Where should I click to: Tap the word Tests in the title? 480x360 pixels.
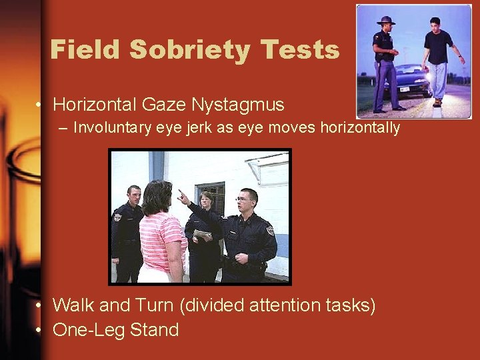point(301,50)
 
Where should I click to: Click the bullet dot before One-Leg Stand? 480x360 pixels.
point(41,330)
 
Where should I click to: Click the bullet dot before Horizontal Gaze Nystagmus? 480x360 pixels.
point(41,105)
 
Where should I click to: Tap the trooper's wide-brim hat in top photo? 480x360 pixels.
point(385,20)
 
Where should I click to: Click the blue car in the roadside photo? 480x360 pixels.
point(408,79)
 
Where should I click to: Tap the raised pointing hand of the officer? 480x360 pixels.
point(181,195)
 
